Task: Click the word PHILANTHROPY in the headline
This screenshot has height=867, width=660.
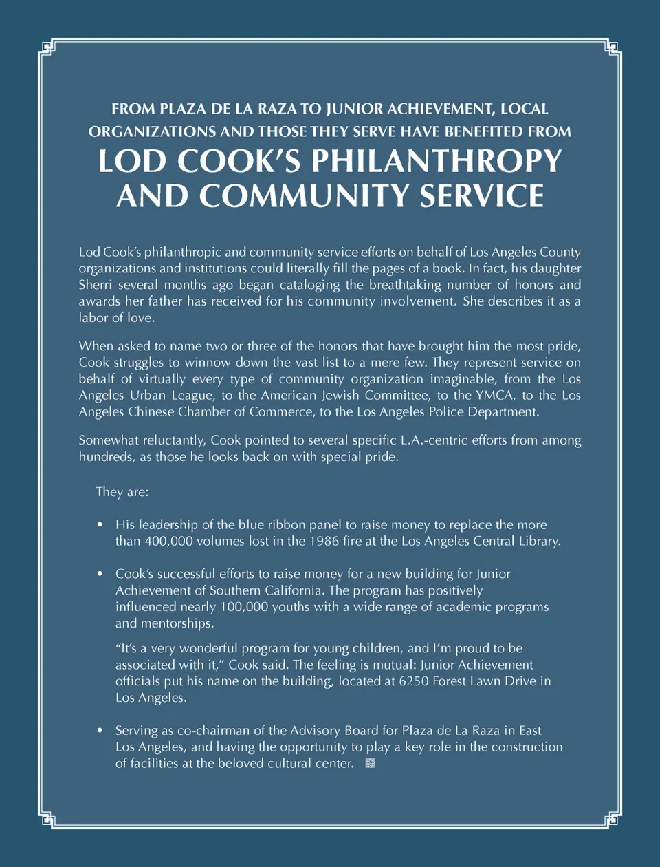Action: (437, 162)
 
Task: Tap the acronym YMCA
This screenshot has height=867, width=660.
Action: (494, 396)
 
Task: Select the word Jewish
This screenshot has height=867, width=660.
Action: (340, 396)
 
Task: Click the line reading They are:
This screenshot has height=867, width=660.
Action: (122, 492)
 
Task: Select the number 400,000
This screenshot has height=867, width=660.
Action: (168, 542)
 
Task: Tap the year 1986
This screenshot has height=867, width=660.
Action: (324, 542)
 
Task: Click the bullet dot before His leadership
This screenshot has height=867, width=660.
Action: (100, 525)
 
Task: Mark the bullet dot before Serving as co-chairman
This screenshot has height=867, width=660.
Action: (100, 731)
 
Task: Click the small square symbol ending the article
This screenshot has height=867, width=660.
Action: (370, 763)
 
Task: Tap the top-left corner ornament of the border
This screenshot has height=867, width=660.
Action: (47, 47)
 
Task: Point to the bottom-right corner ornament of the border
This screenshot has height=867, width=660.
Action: (613, 819)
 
